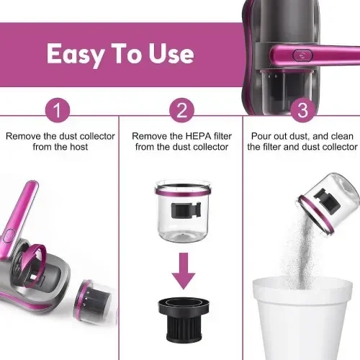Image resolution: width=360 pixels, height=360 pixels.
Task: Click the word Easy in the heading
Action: [76, 55]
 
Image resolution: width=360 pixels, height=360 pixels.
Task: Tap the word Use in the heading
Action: [171, 53]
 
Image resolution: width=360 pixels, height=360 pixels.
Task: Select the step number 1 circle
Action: [58, 110]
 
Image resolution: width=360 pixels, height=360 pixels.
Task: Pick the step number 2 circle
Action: [181, 110]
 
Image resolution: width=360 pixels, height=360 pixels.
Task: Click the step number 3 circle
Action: [303, 110]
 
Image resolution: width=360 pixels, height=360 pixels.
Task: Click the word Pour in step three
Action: [261, 136]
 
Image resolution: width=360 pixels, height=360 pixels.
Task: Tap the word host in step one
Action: [78, 147]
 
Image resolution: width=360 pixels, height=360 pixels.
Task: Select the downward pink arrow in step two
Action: [184, 271]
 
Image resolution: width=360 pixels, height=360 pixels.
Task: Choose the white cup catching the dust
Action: [302, 318]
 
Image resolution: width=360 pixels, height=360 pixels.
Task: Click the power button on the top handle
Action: [303, 55]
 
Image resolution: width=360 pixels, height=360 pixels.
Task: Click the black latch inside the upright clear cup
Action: [186, 210]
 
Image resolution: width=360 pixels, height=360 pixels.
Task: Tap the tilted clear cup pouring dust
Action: [330, 204]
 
